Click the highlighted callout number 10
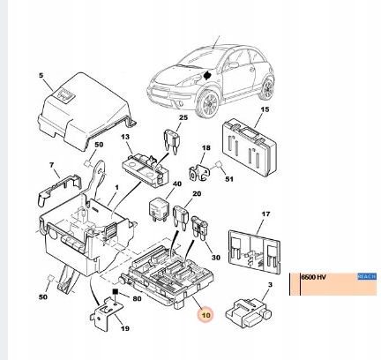coord(205,314)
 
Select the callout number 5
coord(40,78)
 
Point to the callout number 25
coord(183,117)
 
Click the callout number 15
coord(265,109)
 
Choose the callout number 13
coord(125,138)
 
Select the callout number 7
coord(52,164)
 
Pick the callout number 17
coord(266,214)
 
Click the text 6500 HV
coord(315,277)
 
